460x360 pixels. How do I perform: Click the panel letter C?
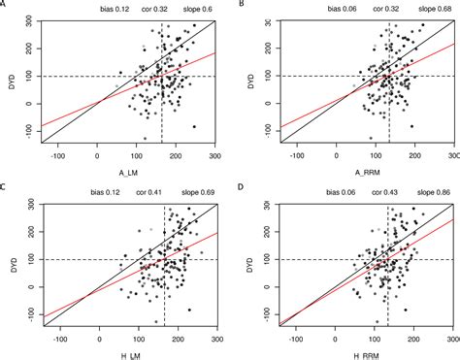pyautogui.click(x=6, y=186)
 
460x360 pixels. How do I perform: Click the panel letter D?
pyautogui.click(x=240, y=186)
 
